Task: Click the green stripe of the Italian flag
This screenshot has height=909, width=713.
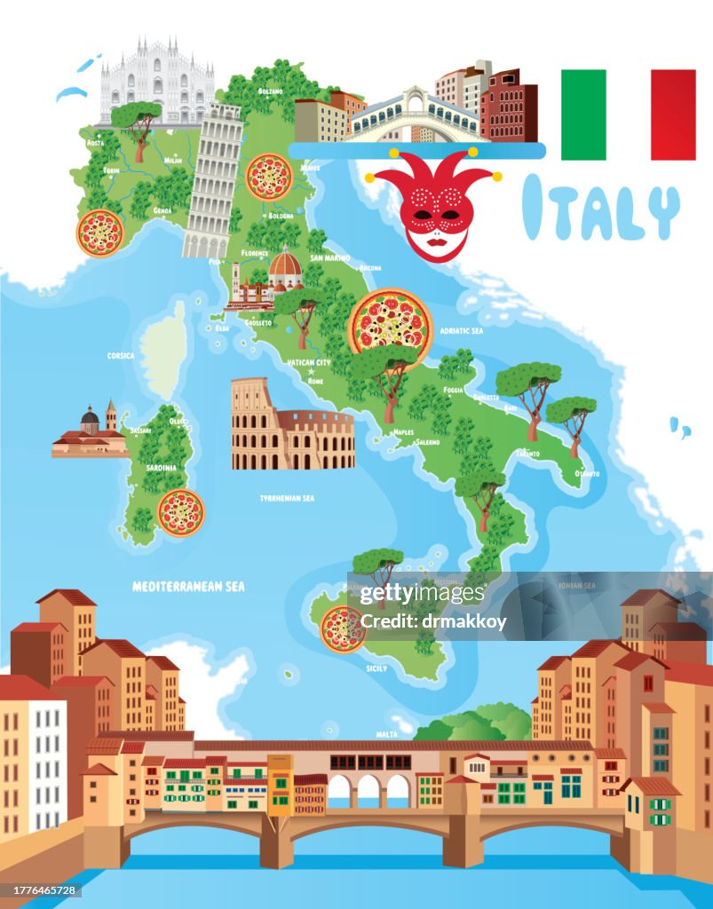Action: pos(583,115)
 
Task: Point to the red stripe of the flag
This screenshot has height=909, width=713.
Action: pos(673,115)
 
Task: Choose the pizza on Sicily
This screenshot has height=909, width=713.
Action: pos(343,628)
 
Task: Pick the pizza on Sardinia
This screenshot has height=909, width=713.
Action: pos(181,512)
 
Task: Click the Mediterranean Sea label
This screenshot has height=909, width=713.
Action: pos(188,587)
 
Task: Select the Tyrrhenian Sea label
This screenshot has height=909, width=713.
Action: pos(287,499)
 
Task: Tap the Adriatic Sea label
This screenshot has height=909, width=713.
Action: pos(462,330)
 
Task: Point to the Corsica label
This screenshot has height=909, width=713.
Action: pos(121,356)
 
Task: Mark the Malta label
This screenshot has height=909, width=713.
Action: pos(387,734)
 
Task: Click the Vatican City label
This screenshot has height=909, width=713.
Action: pos(309,362)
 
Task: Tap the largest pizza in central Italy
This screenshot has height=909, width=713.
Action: pos(390,320)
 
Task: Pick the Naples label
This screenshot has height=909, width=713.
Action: pos(403,432)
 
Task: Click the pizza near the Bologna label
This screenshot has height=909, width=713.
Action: pos(268,177)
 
